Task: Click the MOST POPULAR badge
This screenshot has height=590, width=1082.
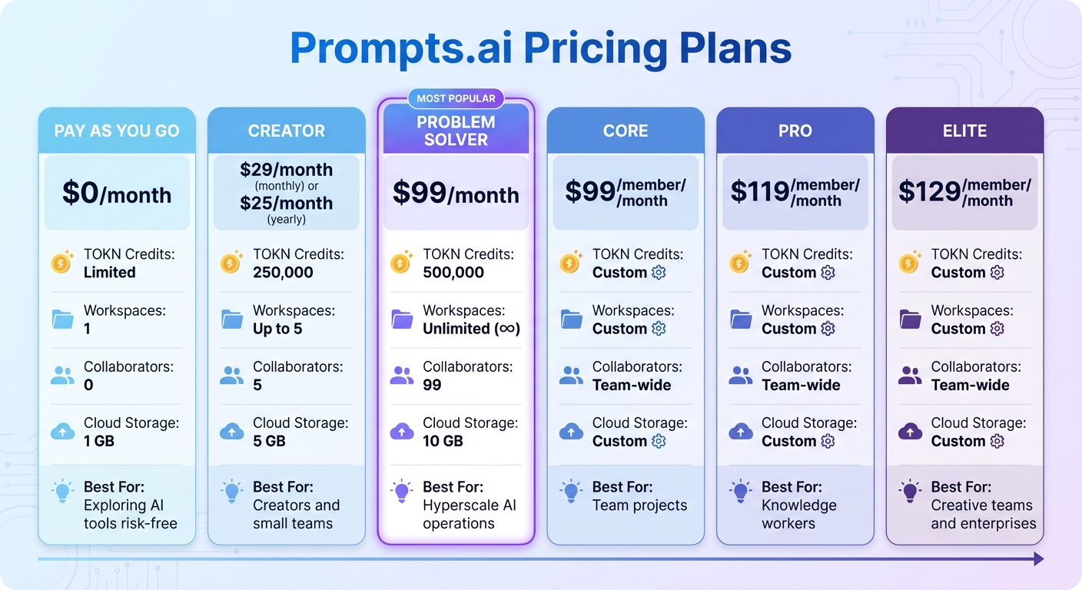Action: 456,98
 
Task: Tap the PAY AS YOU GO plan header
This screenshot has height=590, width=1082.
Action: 117,131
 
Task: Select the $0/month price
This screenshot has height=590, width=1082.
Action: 117,193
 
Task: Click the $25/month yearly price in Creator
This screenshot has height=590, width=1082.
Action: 286,204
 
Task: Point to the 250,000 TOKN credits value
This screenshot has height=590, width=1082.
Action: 283,273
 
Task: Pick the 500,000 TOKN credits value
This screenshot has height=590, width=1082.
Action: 453,273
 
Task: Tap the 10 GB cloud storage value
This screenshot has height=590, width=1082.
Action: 443,441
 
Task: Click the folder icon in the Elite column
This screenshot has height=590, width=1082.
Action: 910,319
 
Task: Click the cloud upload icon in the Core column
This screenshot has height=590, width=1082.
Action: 571,432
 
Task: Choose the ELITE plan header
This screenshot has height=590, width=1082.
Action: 964,131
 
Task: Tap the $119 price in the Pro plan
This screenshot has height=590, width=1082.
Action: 759,192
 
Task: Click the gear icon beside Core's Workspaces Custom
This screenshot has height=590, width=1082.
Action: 659,329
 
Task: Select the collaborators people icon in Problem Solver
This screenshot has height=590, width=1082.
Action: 402,376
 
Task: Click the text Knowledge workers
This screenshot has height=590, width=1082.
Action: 798,515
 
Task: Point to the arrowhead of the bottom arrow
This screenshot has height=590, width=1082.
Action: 1038,559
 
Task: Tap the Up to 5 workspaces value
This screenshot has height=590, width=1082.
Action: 277,329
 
